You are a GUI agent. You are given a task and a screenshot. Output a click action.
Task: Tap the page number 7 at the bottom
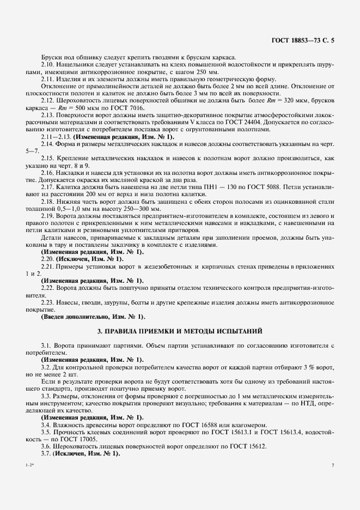click(x=332, y=465)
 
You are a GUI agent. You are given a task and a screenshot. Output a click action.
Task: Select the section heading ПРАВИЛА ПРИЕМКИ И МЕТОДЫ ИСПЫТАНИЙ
click(x=180, y=331)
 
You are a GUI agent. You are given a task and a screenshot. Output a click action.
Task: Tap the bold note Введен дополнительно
click(x=75, y=316)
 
